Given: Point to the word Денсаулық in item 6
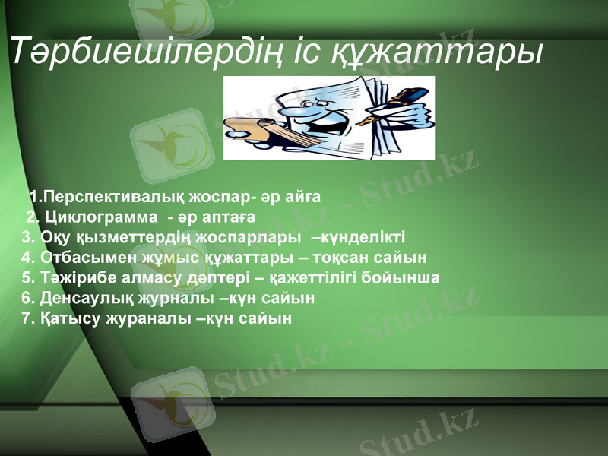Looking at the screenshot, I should (x=84, y=298).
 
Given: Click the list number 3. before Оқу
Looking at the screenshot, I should (x=29, y=236).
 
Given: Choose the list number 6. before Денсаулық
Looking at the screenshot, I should (x=29, y=298).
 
